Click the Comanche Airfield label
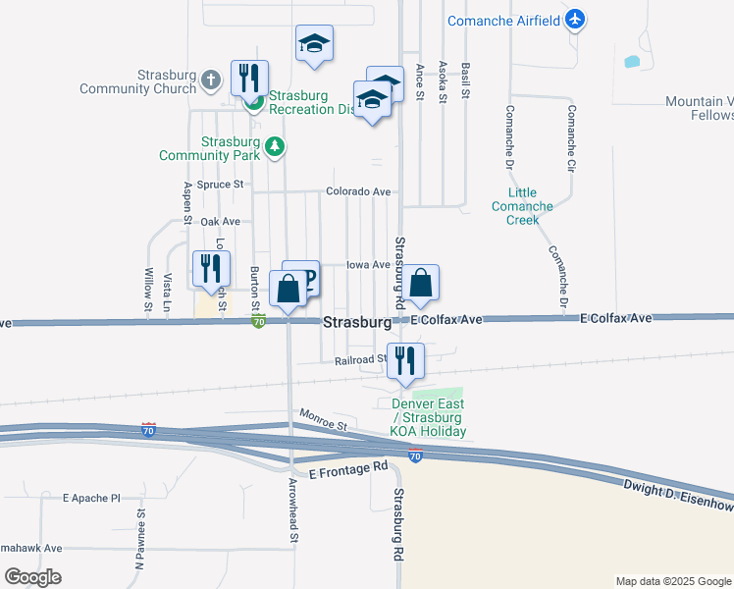502,21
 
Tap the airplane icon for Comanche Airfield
575,20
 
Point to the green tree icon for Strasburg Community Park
276,148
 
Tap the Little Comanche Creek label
523,206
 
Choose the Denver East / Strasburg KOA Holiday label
429,417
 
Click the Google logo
32,577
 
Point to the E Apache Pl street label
90,498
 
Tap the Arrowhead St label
293,510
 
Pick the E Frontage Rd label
347,471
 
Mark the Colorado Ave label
358,191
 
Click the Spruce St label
220,184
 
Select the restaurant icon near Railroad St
405,360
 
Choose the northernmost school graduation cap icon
314,43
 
